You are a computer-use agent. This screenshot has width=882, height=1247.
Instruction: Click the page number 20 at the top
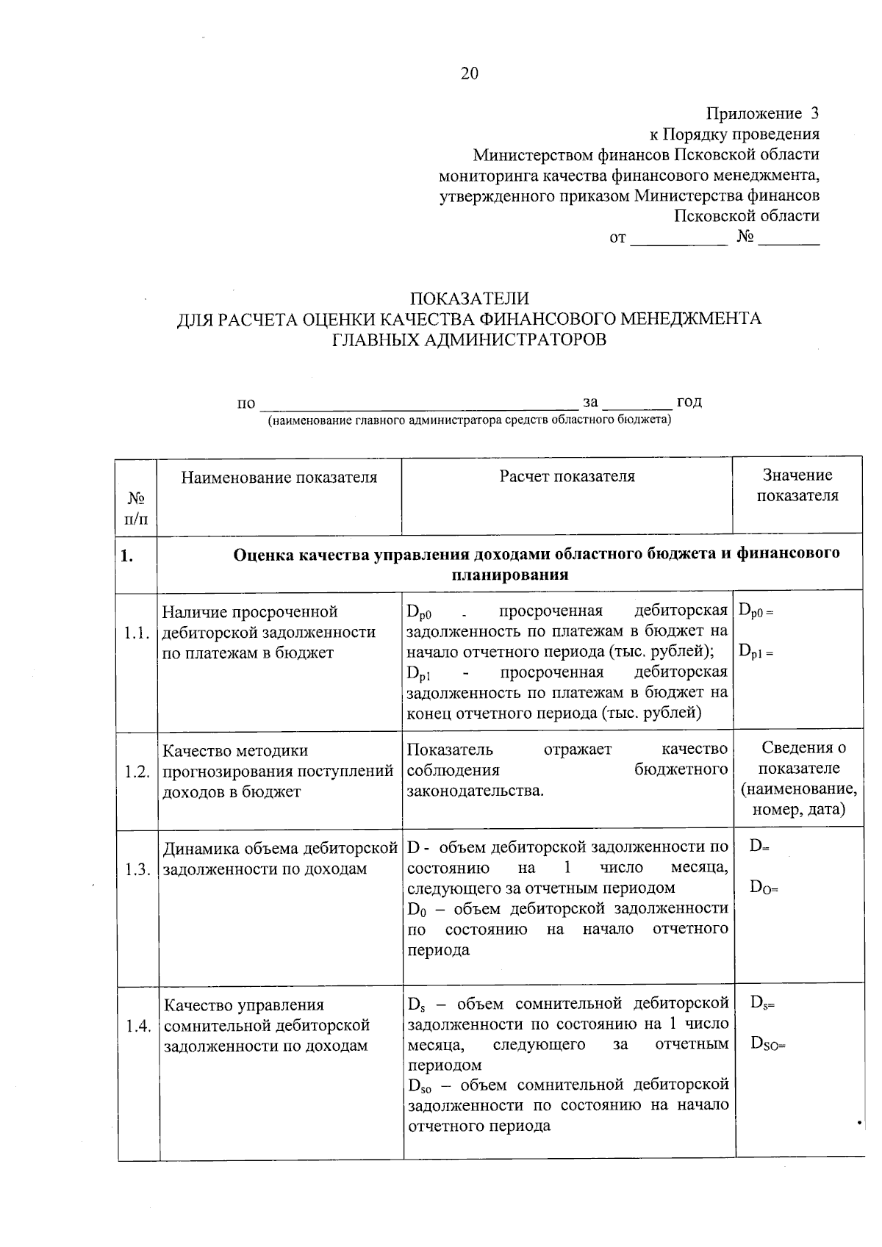(469, 73)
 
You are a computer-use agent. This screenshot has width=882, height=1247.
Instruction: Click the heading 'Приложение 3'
(762, 113)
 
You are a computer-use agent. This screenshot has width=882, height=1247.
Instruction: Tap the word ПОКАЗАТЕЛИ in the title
(469, 298)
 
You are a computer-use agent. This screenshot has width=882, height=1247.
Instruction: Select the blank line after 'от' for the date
(678, 242)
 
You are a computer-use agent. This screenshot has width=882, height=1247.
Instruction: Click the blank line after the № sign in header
(788, 242)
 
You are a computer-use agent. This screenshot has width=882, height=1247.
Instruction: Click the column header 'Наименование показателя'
(279, 477)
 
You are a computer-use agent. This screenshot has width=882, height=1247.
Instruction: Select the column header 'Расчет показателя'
(567, 476)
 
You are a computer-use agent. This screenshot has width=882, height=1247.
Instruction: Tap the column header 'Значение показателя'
(797, 485)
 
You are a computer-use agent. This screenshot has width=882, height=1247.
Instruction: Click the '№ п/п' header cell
(137, 508)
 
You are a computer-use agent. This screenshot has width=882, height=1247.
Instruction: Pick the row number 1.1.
(137, 633)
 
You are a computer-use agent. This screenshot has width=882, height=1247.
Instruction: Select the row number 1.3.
(137, 869)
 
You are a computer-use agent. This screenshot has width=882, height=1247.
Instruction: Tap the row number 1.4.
(137, 1026)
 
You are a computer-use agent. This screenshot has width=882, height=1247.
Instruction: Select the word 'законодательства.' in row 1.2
(476, 791)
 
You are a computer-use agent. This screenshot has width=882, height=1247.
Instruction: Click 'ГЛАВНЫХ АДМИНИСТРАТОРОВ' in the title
(469, 339)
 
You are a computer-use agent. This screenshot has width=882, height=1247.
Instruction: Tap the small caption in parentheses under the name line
(469, 420)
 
